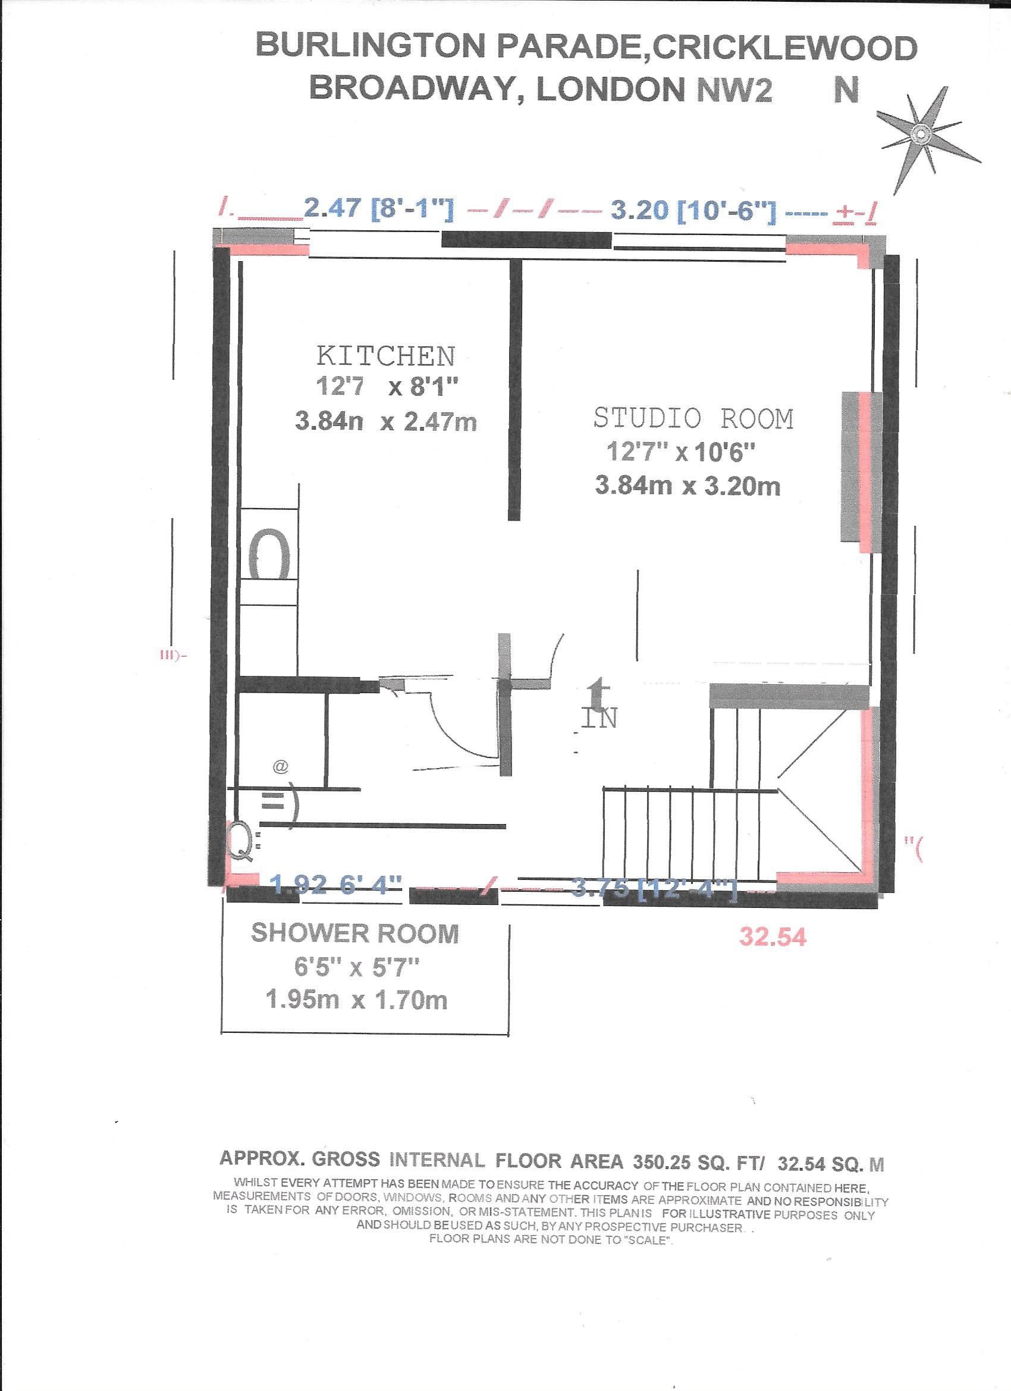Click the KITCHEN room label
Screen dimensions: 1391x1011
pyautogui.click(x=385, y=356)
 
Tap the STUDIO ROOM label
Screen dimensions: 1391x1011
pyautogui.click(x=693, y=419)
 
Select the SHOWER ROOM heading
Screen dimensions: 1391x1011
pyautogui.click(x=355, y=934)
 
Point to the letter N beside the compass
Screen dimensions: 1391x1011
pyautogui.click(x=846, y=90)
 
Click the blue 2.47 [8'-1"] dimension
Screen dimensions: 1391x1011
pyautogui.click(x=379, y=211)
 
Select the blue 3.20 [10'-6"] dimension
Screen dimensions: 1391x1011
pyautogui.click(x=693, y=211)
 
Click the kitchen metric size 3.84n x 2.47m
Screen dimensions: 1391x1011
pyautogui.click(x=385, y=422)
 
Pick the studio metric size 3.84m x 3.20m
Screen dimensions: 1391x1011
pyautogui.click(x=687, y=486)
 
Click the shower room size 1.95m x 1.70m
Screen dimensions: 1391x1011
pyautogui.click(x=356, y=1001)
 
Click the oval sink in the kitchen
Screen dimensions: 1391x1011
pyautogui.click(x=269, y=554)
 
